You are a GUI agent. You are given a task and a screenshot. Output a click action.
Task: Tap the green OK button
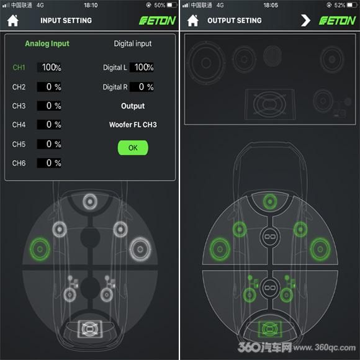point(133,148)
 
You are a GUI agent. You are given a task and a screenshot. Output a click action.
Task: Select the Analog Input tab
point(47,43)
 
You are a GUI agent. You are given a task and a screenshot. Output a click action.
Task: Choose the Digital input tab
point(133,43)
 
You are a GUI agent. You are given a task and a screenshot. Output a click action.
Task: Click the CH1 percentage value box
point(50,68)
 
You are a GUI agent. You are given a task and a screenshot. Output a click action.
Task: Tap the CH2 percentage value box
point(50,87)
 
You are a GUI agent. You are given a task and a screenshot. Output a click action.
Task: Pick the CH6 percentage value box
point(50,163)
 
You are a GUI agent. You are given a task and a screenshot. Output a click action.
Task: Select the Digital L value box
point(142,68)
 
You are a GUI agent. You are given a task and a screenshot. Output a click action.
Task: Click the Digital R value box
point(142,87)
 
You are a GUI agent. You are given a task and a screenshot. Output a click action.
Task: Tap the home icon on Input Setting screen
point(13,20)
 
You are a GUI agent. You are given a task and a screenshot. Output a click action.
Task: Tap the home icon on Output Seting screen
point(193,20)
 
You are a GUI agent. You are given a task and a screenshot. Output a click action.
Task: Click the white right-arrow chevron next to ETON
point(305,20)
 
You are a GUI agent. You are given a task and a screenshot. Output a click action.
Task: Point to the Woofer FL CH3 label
point(133,125)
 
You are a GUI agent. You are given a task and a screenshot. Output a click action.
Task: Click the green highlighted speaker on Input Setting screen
point(40,250)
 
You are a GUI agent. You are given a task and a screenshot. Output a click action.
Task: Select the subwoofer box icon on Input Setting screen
point(90,329)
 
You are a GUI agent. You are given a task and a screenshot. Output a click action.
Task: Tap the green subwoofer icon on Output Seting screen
point(270,329)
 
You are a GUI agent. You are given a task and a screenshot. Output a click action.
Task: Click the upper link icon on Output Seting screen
point(270,236)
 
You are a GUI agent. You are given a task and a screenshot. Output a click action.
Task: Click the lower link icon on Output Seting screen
point(270,287)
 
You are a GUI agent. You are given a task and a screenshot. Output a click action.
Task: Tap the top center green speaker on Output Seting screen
point(270,202)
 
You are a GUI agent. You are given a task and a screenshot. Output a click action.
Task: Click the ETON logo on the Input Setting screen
point(158,20)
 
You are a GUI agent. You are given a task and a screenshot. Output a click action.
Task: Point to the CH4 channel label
point(19,125)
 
